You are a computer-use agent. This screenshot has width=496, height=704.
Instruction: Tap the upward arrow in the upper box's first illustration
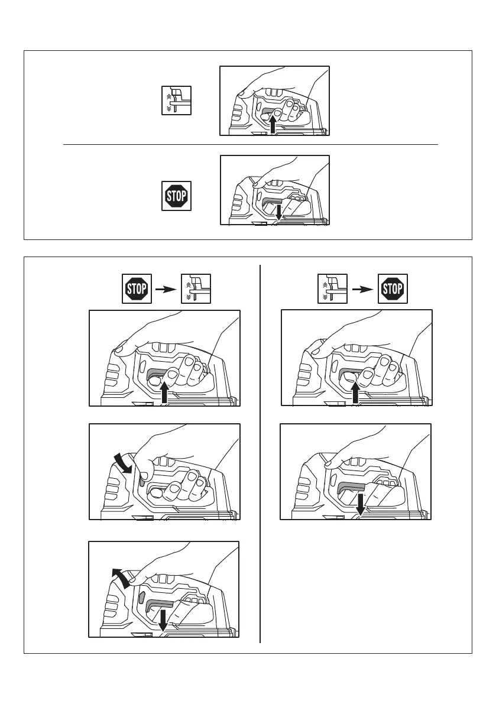click(273, 125)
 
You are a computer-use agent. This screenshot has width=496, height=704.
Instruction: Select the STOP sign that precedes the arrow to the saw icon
click(135, 289)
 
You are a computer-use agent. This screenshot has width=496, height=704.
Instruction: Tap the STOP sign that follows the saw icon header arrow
click(393, 289)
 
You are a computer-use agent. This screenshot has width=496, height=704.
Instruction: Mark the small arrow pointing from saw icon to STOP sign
click(362, 289)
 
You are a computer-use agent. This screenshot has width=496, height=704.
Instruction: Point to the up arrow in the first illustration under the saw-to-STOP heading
click(355, 392)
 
